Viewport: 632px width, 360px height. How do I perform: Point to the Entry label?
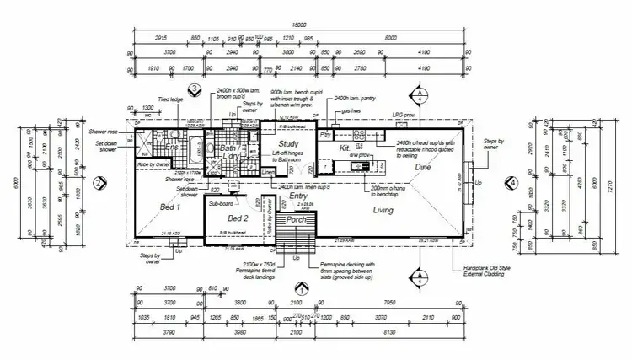tap(298, 196)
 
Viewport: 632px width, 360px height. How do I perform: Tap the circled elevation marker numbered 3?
tap(195, 89)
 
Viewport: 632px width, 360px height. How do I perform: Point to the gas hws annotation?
tap(351, 110)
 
